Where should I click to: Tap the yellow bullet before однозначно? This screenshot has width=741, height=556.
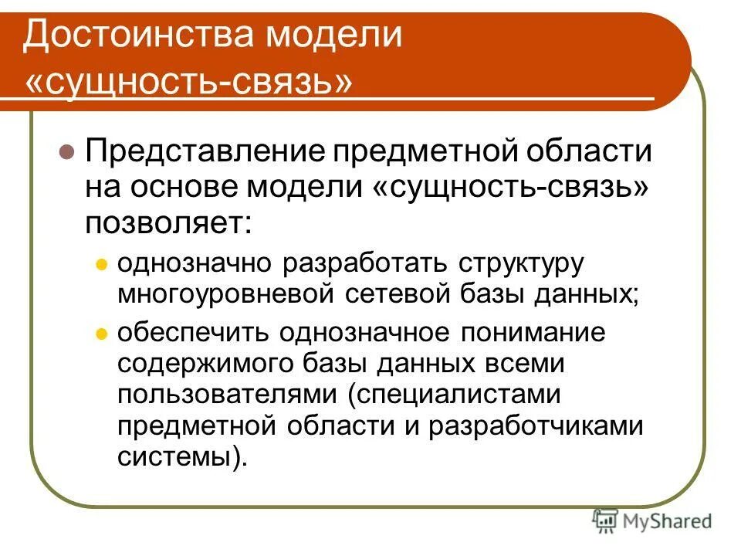point(100,264)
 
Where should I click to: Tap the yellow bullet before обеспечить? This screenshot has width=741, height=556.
point(100,334)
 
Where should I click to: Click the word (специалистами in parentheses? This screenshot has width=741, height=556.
point(452,394)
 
